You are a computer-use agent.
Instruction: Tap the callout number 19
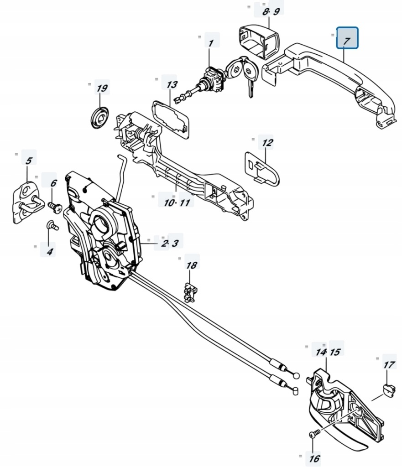102,88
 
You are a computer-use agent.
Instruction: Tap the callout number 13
172,85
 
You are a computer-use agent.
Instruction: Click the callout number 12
267,143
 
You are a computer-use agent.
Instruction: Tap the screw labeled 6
54,207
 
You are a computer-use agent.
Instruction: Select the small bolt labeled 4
51,224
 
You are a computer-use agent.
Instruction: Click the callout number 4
49,250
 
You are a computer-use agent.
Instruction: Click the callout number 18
192,265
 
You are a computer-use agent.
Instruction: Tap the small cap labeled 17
388,389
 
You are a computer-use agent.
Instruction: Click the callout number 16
314,458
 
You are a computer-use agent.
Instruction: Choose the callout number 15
336,352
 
